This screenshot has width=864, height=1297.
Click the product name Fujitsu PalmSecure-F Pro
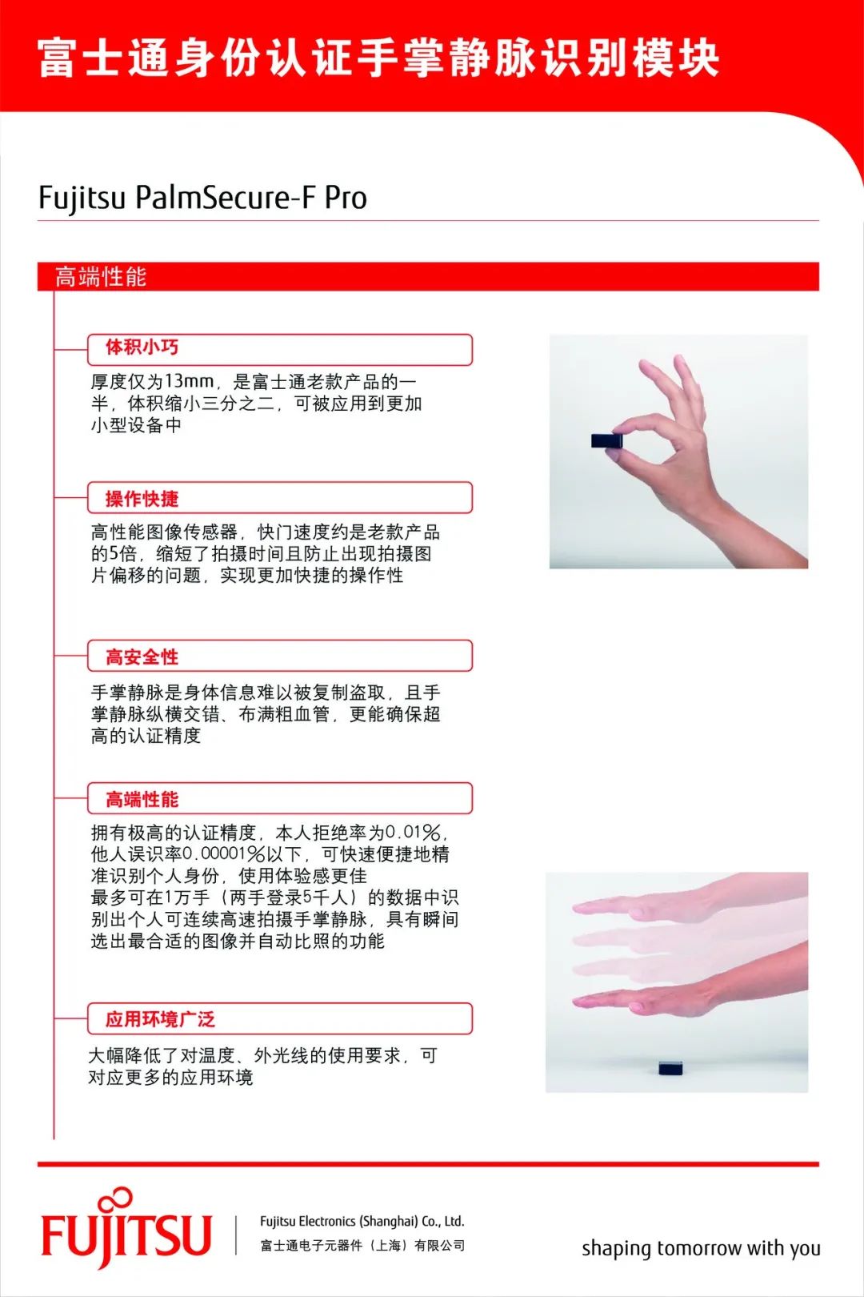pos(202,198)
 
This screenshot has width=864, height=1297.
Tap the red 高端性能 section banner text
pos(101,277)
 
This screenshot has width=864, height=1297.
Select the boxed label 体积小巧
pos(142,347)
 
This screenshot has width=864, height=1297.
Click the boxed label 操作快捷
pos(142,499)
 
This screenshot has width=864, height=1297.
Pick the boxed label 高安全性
pos(142,657)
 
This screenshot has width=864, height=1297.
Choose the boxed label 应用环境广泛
pos(160,1019)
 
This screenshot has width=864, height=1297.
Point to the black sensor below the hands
pos(670,1068)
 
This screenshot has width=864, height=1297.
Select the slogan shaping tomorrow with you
pos(701,1248)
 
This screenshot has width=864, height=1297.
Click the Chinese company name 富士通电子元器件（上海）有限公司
pos(362,1246)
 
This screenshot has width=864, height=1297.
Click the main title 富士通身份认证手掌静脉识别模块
pos(378,58)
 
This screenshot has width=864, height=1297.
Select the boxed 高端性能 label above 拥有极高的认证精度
pos(142,800)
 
